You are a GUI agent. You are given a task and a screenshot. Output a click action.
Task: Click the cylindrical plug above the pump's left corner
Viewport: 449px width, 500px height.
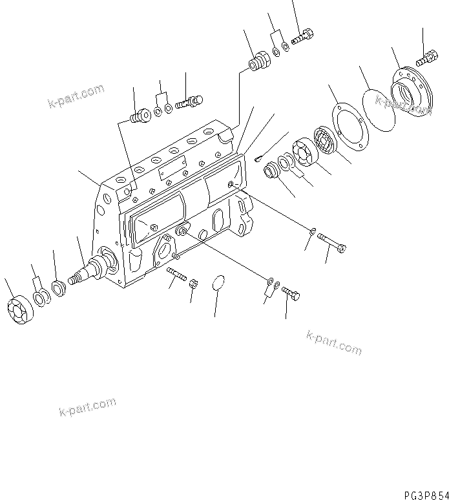(x=138, y=117)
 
